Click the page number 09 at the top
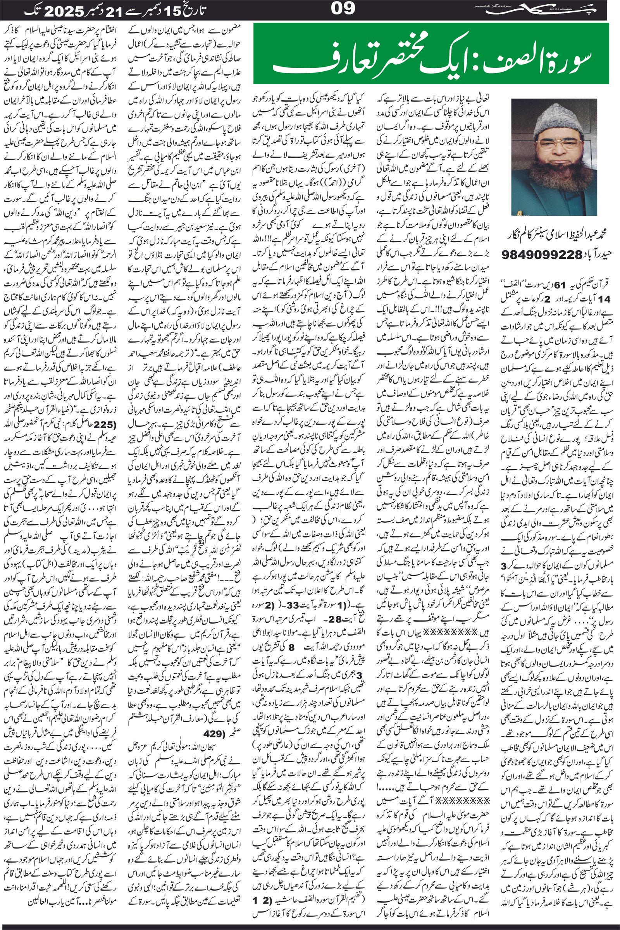(x=343, y=9)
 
